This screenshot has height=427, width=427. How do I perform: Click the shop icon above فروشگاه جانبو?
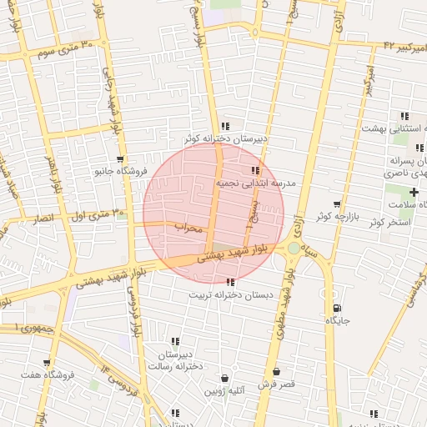(x=121, y=158)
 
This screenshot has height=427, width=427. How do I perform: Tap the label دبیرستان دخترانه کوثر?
(x=225, y=139)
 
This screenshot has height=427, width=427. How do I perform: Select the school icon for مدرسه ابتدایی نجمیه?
(x=255, y=170)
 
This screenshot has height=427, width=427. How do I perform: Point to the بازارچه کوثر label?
(x=336, y=216)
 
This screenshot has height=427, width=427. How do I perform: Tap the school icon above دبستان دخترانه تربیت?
(x=230, y=283)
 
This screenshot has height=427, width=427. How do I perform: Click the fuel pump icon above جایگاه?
(x=336, y=308)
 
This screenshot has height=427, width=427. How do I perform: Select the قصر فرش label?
(x=276, y=384)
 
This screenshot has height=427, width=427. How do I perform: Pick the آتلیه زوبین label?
(x=226, y=390)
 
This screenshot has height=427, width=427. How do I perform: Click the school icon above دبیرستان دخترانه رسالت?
(x=175, y=341)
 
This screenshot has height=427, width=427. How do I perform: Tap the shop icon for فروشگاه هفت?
(x=47, y=363)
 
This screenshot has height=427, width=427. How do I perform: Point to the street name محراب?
(x=188, y=227)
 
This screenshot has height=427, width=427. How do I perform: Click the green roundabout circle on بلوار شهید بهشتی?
(x=294, y=248)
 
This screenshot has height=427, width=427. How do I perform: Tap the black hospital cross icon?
(x=414, y=193)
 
